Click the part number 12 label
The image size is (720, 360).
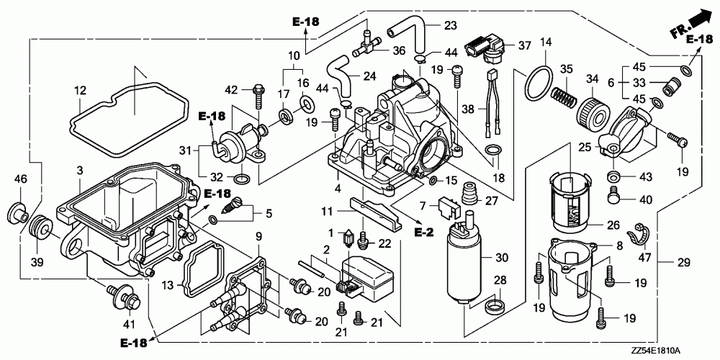click(81, 91)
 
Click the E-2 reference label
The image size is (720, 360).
click(423, 233)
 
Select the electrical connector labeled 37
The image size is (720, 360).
click(486, 50)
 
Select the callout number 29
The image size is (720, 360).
click(683, 263)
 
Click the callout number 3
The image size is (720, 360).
click(80, 171)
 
